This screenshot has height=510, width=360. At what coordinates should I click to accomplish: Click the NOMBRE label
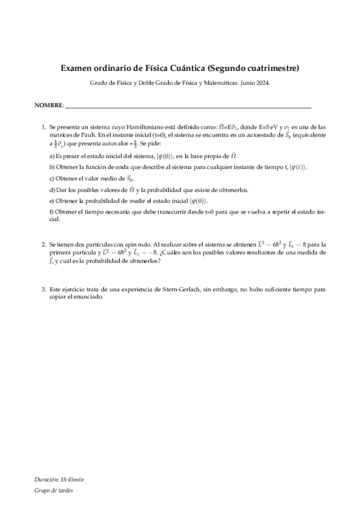[x=48, y=105]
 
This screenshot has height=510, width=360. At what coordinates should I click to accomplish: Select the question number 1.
[x=43, y=127]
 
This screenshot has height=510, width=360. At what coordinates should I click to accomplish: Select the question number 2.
[x=43, y=245]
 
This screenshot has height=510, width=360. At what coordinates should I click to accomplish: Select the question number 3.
[x=43, y=289]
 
